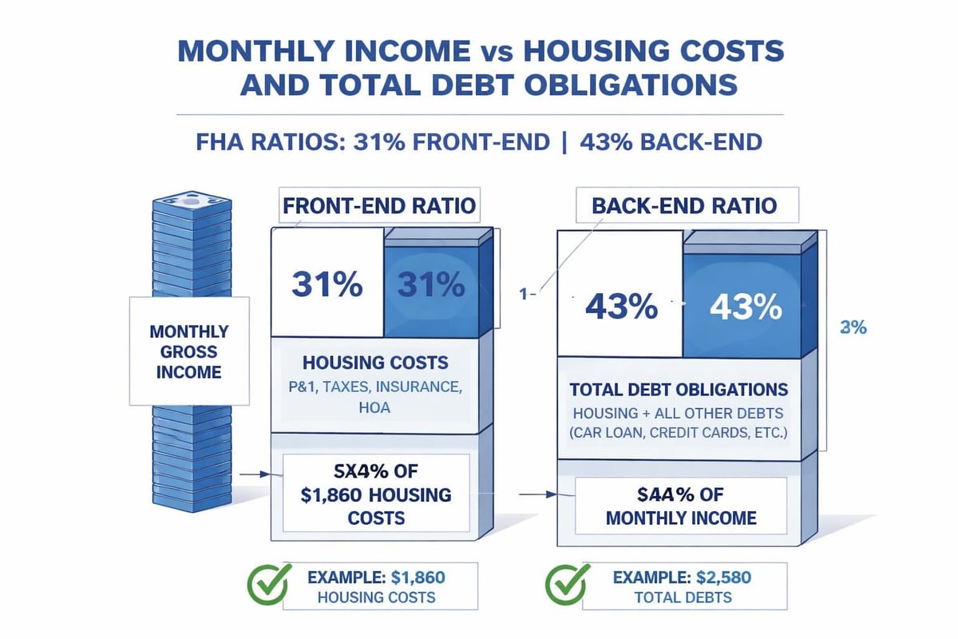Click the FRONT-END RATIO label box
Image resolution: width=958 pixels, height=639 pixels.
pyautogui.click(x=378, y=206)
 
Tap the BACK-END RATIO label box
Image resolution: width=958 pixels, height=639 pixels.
pyautogui.click(x=685, y=206)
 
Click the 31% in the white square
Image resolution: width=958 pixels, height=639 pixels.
pyautogui.click(x=327, y=285)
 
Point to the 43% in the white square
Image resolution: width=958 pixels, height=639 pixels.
pyautogui.click(x=622, y=306)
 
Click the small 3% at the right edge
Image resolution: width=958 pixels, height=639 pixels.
pyautogui.click(x=853, y=327)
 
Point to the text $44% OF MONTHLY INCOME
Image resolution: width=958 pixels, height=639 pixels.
pyautogui.click(x=680, y=506)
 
